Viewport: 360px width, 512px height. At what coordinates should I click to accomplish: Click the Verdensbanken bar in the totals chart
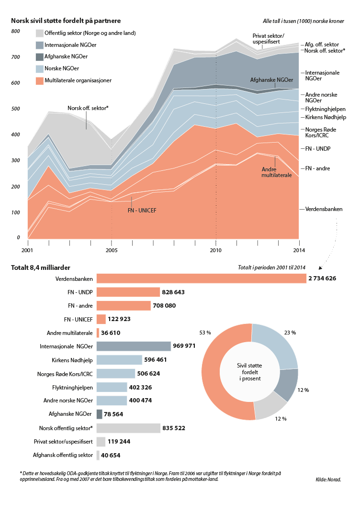201,278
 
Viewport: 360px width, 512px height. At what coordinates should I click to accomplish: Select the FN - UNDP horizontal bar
128,292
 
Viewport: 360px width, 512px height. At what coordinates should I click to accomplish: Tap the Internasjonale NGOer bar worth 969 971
134,346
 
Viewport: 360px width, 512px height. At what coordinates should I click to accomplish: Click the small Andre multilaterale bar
98,333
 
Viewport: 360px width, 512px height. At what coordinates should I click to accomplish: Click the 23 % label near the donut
290,333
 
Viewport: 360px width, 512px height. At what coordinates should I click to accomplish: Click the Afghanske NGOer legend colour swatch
40,57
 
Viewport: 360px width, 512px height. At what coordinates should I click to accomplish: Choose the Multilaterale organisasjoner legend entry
78,80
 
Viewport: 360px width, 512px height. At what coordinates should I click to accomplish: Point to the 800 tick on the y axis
15,32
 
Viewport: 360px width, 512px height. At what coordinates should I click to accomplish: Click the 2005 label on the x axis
112,250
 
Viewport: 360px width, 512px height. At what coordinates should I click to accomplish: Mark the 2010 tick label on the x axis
215,250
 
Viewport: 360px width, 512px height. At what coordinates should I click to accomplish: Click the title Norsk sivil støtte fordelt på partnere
66,21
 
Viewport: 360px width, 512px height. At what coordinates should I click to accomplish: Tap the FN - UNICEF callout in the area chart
142,210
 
